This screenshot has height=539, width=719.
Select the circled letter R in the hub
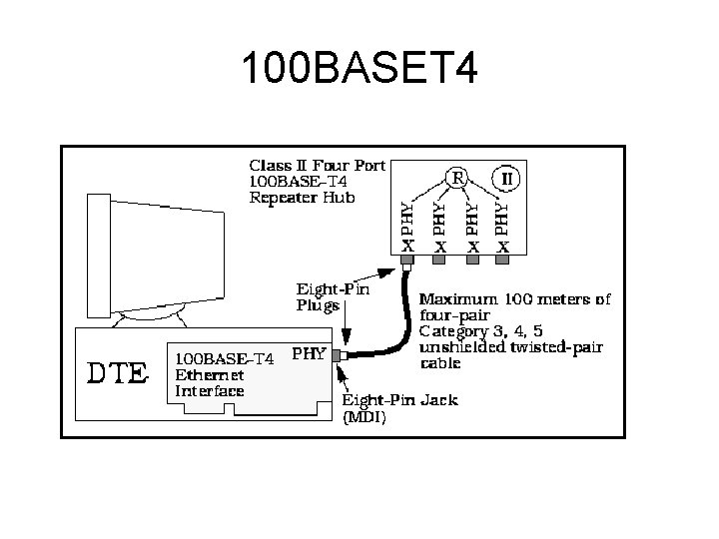click(x=456, y=178)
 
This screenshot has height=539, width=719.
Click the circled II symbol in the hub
click(x=506, y=180)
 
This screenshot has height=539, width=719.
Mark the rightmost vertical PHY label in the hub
click(x=504, y=219)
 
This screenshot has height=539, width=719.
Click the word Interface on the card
click(x=210, y=391)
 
